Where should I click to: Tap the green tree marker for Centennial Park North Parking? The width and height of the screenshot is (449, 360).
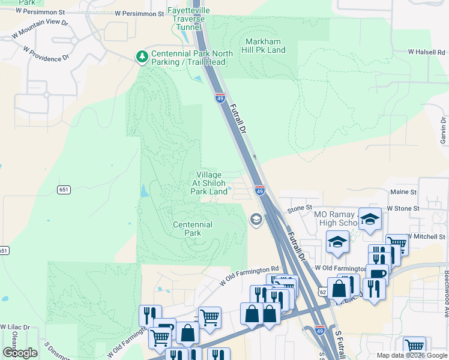point(142,57)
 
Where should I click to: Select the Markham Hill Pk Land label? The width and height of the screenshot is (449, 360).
point(265,46)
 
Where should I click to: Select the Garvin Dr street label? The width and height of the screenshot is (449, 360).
point(443,130)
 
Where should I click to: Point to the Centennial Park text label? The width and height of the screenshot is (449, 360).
point(192,229)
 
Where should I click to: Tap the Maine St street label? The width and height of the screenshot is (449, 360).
point(403,192)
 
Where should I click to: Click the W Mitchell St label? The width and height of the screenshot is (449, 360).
point(427,236)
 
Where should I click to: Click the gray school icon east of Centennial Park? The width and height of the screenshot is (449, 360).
point(255,220)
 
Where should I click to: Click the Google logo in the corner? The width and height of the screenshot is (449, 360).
point(20,353)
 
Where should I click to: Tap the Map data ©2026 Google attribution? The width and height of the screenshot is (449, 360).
point(412,355)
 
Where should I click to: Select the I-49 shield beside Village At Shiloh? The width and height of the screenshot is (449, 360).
point(259,191)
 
